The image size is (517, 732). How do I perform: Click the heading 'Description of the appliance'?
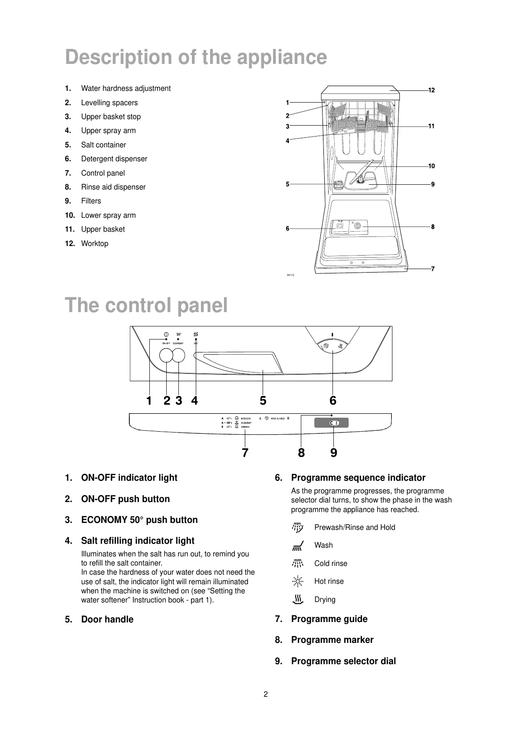pyautogui.click(x=196, y=57)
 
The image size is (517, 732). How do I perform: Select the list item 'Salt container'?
pyautogui.click(x=103, y=145)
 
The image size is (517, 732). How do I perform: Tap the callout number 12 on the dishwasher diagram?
pyautogui.click(x=431, y=90)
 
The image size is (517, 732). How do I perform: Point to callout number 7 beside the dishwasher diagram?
pyautogui.click(x=432, y=269)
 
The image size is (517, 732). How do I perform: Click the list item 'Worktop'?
pyautogui.click(x=95, y=243)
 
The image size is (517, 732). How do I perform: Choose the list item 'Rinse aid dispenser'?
pyautogui.click(x=113, y=187)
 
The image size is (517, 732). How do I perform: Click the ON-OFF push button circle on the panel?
pyautogui.click(x=166, y=356)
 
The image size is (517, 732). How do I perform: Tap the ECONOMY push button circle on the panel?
pyautogui.click(x=179, y=356)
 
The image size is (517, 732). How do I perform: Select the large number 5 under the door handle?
pyautogui.click(x=263, y=400)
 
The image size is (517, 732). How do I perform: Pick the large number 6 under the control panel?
pyautogui.click(x=333, y=400)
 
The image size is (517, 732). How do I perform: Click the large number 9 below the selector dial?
pyautogui.click(x=333, y=453)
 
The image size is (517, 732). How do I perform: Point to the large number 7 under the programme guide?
pyautogui.click(x=245, y=453)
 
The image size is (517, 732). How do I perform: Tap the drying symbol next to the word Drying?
pyautogui.click(x=298, y=600)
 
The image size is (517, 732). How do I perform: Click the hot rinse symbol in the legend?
pyautogui.click(x=298, y=581)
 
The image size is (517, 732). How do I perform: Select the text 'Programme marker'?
pyautogui.click(x=332, y=640)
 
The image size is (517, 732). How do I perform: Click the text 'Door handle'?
pyautogui.click(x=107, y=619)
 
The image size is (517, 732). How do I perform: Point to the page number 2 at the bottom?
pyautogui.click(x=266, y=694)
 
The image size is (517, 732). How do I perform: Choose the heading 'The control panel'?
pyautogui.click(x=146, y=305)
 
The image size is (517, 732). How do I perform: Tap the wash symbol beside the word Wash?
pyautogui.click(x=298, y=546)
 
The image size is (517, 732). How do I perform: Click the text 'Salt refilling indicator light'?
pyautogui.click(x=138, y=541)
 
